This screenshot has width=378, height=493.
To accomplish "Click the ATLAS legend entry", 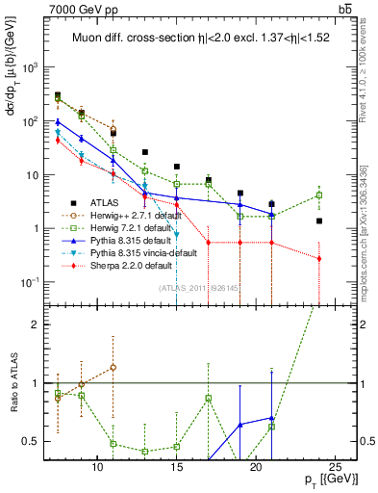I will (102, 203).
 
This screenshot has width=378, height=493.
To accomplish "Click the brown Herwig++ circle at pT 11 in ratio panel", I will (113, 367).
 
